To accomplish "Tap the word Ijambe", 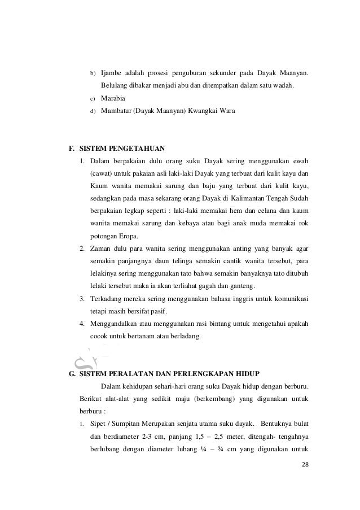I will pos(112,73).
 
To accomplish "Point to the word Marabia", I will pos(113,98).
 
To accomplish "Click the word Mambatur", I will pos(117,111).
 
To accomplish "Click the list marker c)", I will pos(92,99).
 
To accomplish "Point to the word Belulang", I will pos(116,86).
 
